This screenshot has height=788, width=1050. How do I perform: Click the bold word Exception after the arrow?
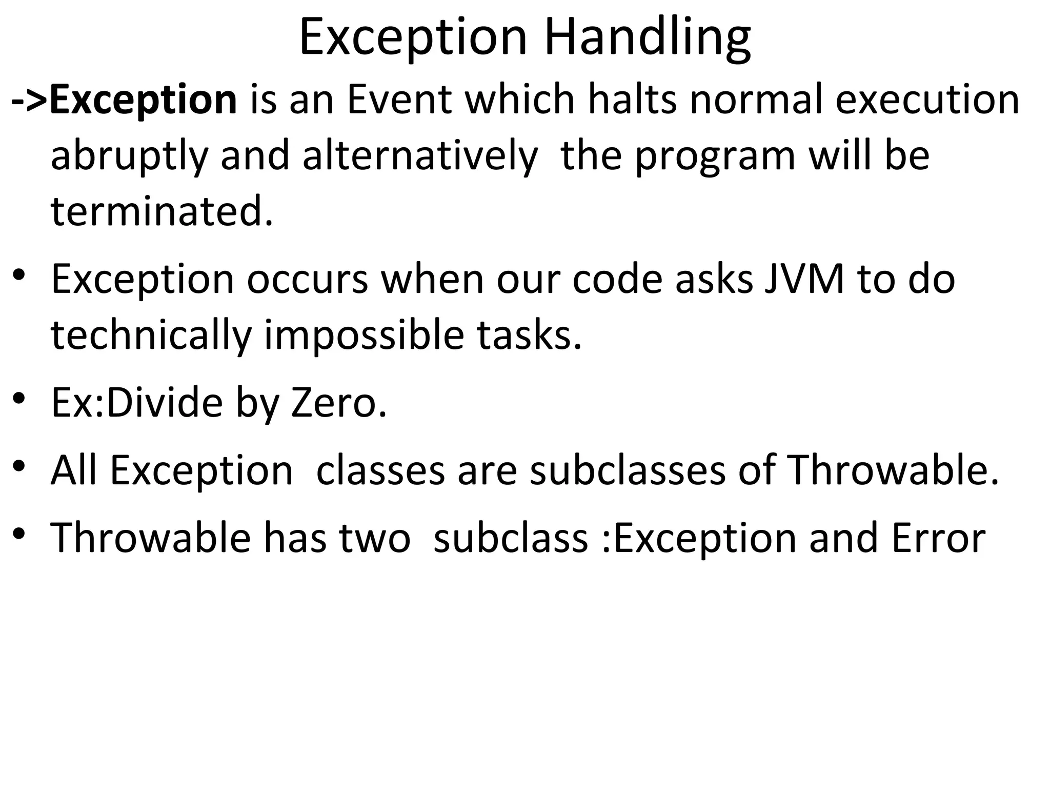coord(143,100)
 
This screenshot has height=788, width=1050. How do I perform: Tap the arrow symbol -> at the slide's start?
coord(29,100)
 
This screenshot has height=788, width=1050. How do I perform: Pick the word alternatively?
coord(420,156)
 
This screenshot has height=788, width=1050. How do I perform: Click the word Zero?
coord(338,403)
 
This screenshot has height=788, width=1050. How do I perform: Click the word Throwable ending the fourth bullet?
coord(893,471)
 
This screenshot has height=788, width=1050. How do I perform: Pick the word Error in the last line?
coord(938,539)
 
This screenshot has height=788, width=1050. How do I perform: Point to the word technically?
coord(151,336)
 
